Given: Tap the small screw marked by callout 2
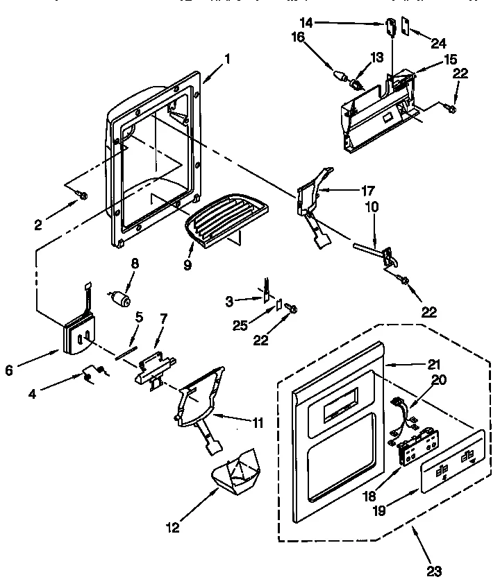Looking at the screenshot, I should (x=83, y=196).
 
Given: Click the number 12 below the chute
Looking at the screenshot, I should (x=172, y=529).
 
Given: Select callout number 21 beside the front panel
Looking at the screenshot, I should (x=414, y=364).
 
